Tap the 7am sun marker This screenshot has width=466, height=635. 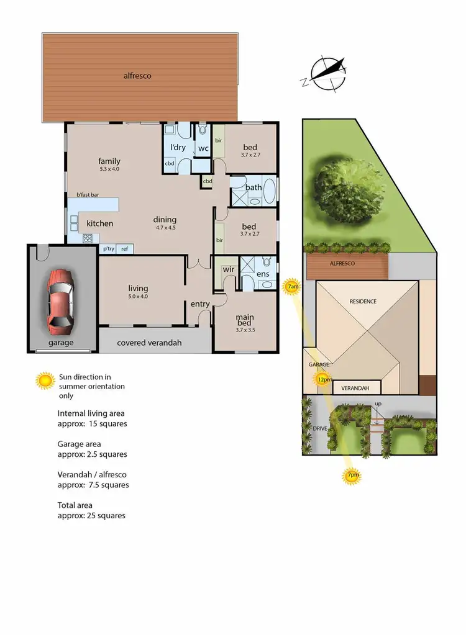[x=292, y=287]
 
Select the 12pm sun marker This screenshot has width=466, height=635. [x=322, y=379]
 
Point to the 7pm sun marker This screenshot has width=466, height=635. [x=351, y=476]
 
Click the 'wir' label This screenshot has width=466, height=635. [x=227, y=271]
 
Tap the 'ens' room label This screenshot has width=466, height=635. [x=263, y=274]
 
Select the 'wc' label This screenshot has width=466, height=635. [x=203, y=148]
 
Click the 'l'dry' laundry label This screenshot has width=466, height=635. [x=178, y=147]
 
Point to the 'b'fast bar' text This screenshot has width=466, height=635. [x=88, y=194]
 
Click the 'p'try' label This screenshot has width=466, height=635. [x=108, y=249]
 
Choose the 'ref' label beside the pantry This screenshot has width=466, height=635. [x=125, y=249]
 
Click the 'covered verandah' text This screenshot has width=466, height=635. [x=149, y=342]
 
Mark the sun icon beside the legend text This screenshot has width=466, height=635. [x=45, y=381]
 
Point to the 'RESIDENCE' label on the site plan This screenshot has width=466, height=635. [x=362, y=301]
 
